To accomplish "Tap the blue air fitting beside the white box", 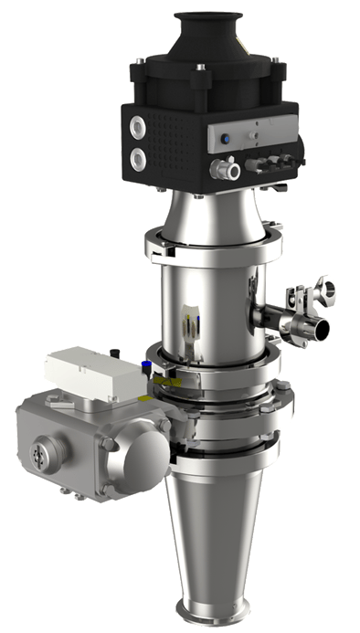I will (145, 368).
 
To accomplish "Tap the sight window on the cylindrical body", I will (189, 323).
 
